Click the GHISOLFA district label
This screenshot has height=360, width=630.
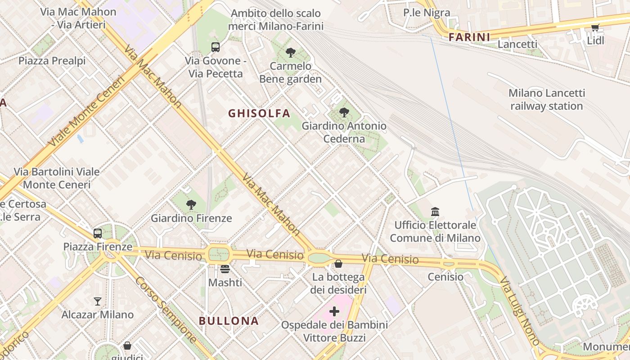coord(259,113)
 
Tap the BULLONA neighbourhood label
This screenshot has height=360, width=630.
coord(229,321)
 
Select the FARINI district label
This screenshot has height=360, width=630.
coord(469,37)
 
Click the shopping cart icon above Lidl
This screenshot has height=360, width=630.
coord(595,28)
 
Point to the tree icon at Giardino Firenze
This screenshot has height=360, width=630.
coord(191,205)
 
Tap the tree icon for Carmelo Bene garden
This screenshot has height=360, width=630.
coord(290,53)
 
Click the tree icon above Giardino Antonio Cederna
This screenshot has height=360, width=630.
coord(344,112)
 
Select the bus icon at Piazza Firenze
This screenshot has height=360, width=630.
coord(98,234)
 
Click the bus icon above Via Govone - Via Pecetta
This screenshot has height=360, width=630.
coord(216,47)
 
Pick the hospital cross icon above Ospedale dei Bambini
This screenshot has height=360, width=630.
coord(334,311)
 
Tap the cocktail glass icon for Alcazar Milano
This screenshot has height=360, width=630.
coord(98,301)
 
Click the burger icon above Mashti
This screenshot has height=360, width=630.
coord(225,269)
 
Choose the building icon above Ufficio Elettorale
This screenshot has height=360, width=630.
coord(435,211)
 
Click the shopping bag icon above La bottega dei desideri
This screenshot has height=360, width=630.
coord(338,263)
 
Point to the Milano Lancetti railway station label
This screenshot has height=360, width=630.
coord(546,99)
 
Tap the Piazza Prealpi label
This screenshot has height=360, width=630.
coord(52,61)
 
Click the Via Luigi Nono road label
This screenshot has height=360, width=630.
coord(519,310)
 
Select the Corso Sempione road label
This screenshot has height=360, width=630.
coord(166,310)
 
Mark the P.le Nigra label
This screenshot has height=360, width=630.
coord(426,13)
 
